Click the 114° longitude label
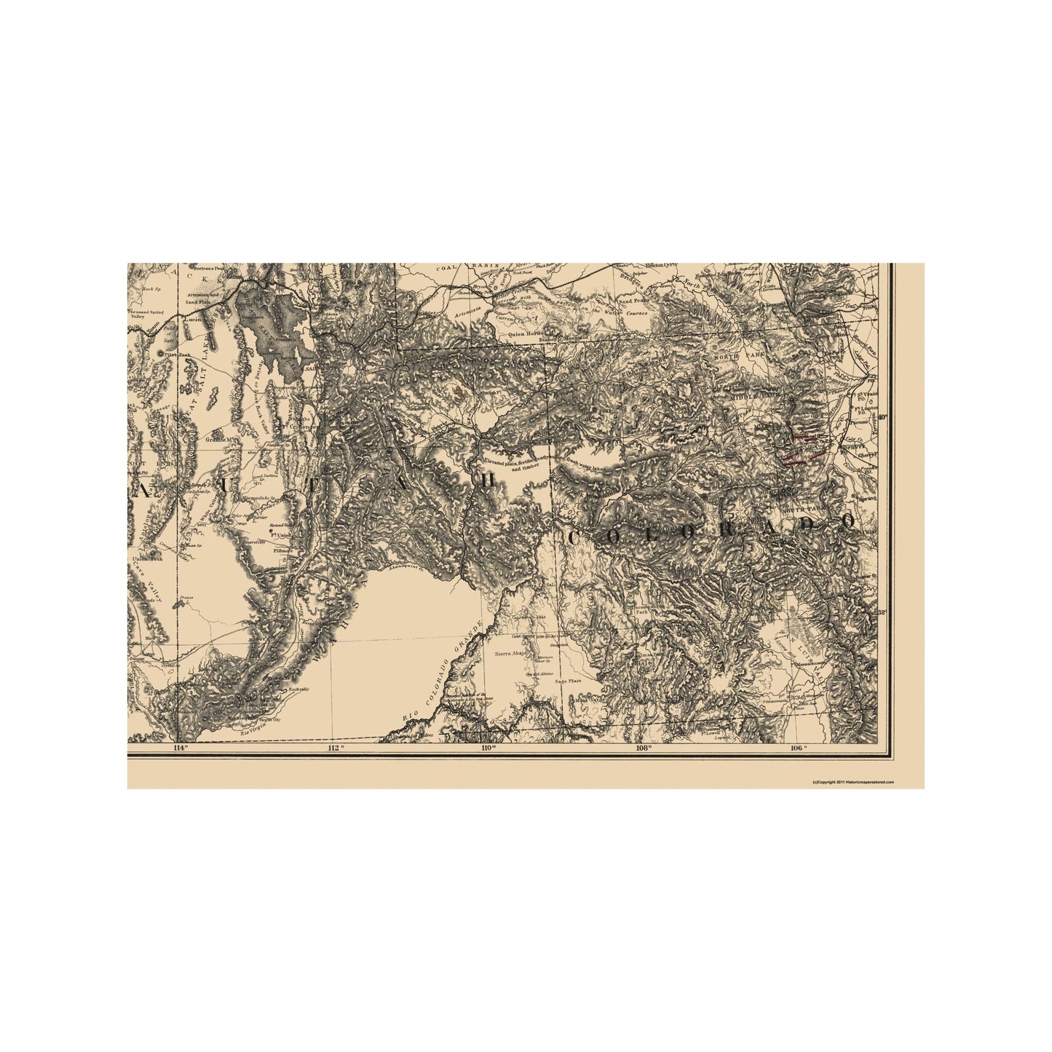pyautogui.click(x=180, y=747)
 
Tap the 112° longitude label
pyautogui.click(x=335, y=747)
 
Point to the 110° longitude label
pyautogui.click(x=488, y=747)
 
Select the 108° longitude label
pyautogui.click(x=642, y=747)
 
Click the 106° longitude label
pyautogui.click(x=797, y=747)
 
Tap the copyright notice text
pyautogui.click(x=853, y=781)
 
